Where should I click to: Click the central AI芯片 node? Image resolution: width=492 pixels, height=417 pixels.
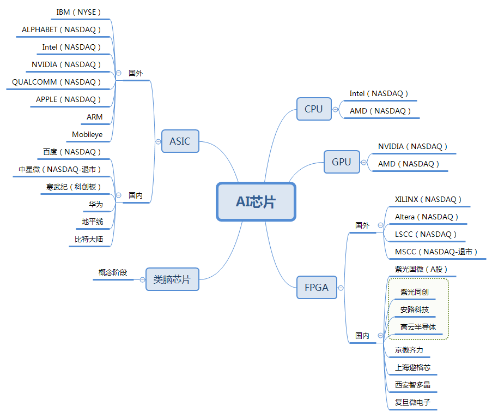(x=256, y=201)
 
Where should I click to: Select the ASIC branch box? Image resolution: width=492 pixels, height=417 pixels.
(x=180, y=141)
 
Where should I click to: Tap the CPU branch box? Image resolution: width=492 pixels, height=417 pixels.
(x=314, y=109)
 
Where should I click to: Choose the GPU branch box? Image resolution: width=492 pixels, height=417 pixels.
(x=342, y=162)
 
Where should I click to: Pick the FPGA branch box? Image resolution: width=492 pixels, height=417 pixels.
(x=317, y=287)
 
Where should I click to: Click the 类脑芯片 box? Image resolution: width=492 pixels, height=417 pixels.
(x=172, y=279)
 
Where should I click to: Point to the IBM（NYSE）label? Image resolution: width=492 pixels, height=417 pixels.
(x=79, y=12)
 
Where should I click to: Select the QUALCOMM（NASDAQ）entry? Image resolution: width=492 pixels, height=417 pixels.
(x=57, y=82)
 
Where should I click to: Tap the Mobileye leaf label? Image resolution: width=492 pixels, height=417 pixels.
(x=87, y=134)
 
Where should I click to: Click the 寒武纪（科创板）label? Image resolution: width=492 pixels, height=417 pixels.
(x=74, y=187)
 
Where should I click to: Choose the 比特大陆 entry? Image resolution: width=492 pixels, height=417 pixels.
(x=89, y=239)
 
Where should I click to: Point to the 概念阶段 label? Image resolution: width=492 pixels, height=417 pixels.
(x=113, y=272)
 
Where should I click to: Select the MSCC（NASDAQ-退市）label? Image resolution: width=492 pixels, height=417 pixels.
(x=436, y=252)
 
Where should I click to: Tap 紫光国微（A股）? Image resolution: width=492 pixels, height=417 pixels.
(x=421, y=269)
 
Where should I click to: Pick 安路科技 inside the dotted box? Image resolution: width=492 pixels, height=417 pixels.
(x=414, y=309)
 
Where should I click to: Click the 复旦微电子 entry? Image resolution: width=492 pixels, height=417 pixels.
(x=412, y=402)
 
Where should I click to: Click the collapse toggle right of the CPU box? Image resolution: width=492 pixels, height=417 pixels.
(x=335, y=109)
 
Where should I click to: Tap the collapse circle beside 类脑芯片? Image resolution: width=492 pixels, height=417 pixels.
(x=142, y=279)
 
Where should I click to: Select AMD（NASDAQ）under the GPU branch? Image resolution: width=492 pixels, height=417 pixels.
(x=409, y=164)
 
